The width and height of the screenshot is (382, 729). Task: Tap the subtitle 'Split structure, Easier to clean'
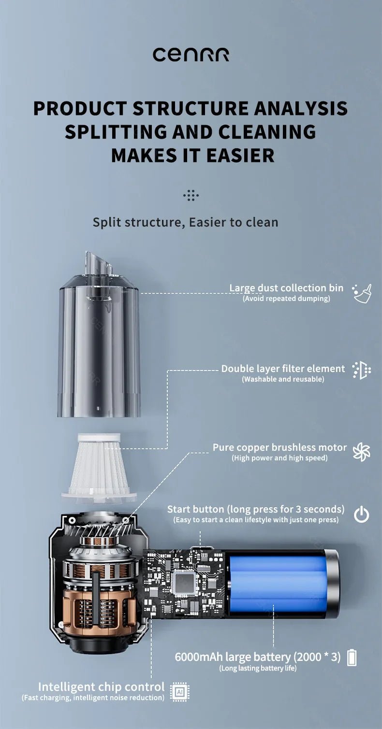185,222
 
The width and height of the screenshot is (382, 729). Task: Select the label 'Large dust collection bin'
286,288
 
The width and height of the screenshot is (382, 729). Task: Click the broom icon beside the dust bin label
362,293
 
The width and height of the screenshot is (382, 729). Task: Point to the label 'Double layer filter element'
283,369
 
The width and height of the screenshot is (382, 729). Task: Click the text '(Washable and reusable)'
283,379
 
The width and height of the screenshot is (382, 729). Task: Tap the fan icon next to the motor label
361,452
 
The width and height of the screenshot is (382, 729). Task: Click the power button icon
361,515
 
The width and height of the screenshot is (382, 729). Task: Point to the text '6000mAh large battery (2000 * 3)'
257,657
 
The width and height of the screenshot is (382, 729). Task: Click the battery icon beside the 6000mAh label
352,658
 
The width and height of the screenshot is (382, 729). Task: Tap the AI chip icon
179,692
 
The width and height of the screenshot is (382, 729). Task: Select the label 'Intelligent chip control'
101,686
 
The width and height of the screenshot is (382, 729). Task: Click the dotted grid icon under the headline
191,196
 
